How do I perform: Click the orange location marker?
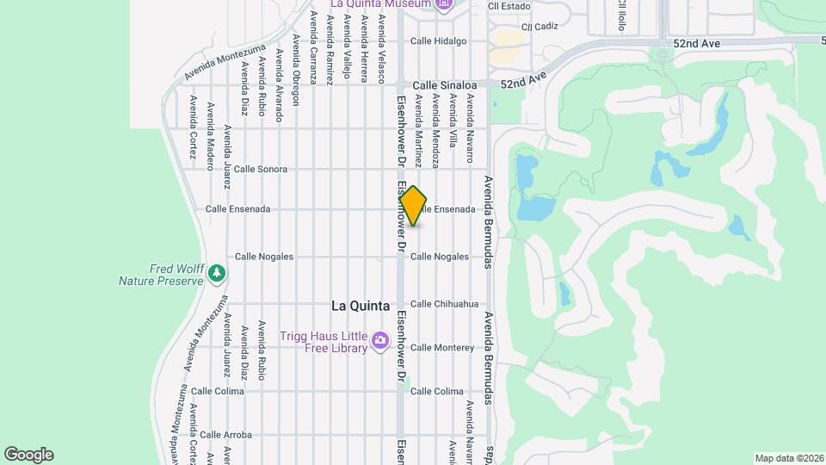point(414,206)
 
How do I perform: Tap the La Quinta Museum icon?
point(444,4)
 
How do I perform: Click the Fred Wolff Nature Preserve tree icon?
point(218,274)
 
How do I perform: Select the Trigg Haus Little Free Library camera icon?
point(380,342)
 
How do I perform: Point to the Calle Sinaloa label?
point(444,85)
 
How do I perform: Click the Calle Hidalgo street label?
point(438,40)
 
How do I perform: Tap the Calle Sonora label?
point(261,169)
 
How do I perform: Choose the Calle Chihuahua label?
point(444,304)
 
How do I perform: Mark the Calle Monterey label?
point(442,347)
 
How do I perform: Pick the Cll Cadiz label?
point(533,27)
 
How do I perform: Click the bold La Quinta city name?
point(361,306)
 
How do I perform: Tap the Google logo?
point(28,454)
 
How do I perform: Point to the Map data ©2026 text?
point(788,458)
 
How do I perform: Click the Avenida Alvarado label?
point(278,85)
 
